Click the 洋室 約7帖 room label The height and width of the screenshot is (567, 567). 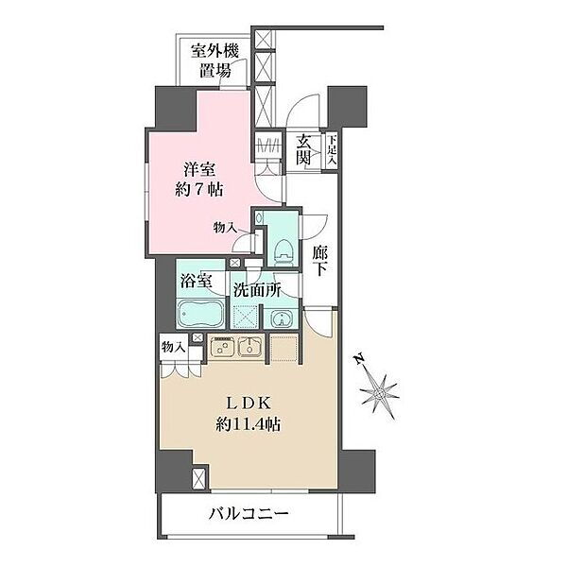coord(198,180)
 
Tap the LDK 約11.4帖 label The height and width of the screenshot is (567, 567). coord(249,415)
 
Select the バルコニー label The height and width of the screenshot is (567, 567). coord(249,513)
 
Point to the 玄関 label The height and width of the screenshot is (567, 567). coord(303,149)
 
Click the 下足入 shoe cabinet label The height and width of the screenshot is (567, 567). coord(332,150)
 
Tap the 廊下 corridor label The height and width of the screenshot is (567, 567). coord(320,261)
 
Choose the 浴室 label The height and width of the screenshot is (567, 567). coord(196,281)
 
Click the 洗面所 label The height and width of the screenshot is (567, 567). coord(257,290)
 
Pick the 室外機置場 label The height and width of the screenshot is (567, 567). coord(215,60)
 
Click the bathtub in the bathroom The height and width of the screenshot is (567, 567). coord(201,313)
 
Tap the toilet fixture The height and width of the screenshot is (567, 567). coord(283,250)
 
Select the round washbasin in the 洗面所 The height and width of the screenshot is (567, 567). coord(281,318)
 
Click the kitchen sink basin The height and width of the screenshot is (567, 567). coord(249,347)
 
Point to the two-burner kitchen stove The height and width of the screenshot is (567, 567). coord(223,347)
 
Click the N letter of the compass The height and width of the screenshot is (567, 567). coord(359,359)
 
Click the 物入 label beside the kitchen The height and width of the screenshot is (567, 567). coord(174,348)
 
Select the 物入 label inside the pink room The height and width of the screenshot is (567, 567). coord(225,228)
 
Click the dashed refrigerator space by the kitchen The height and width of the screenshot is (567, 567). coord(284,348)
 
